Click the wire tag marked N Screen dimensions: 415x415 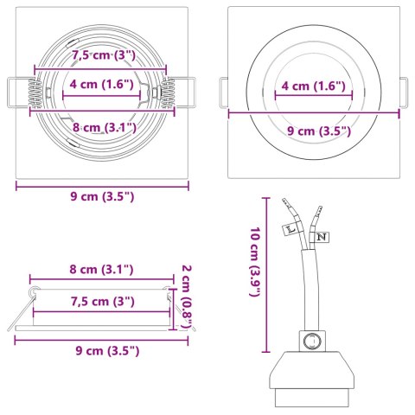[x=321, y=235]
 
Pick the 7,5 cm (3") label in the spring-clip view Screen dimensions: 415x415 [x=100, y=55]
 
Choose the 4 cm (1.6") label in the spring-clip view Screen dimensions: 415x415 [x=100, y=85]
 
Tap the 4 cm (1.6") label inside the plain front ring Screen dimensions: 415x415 [x=312, y=86]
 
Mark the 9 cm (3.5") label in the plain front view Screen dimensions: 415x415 [x=316, y=131]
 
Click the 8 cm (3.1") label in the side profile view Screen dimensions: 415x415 [x=100, y=270]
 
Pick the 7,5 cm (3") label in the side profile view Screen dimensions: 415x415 [x=100, y=301]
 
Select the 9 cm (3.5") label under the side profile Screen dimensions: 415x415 [x=102, y=350]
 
